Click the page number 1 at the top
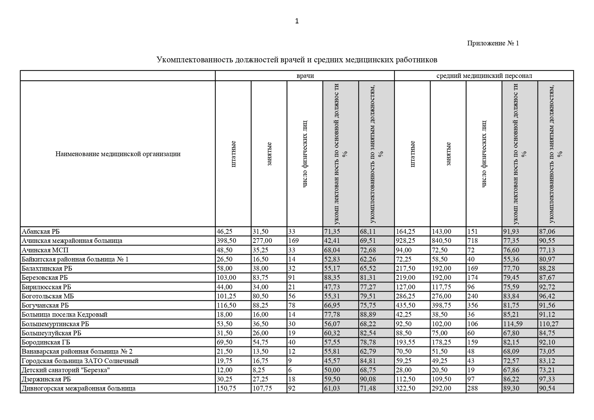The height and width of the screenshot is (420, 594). point(297,21)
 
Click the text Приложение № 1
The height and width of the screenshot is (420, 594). point(493,43)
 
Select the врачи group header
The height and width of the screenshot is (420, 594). point(305,76)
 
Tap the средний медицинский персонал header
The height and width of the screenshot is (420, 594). point(484,76)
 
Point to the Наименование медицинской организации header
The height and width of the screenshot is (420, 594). point(118,154)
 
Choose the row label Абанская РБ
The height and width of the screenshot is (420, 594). point(41,232)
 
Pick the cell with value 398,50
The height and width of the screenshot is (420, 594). point(227,241)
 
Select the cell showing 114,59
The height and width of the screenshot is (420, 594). point(513,324)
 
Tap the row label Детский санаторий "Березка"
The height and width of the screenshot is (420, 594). point(66,370)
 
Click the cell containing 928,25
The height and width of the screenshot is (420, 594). point(405,241)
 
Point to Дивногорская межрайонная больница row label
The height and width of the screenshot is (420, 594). point(79,388)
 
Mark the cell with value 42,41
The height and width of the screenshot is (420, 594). point(332,241)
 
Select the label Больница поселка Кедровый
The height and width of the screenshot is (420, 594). point(64,315)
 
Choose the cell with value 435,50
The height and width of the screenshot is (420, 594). point(405,306)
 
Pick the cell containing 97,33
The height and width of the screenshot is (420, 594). point(547,379)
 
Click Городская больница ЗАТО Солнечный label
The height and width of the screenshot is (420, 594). point(80,361)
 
